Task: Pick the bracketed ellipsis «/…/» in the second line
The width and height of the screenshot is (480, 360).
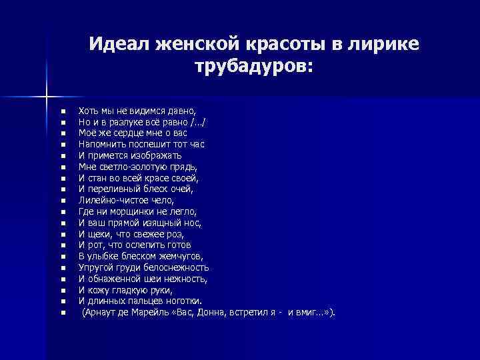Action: (197, 121)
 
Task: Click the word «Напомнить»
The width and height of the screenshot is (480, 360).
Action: (100, 144)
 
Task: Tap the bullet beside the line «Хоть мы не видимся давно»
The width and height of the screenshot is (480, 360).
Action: (61, 110)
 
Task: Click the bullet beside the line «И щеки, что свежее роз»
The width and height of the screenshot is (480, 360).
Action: (61, 234)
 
